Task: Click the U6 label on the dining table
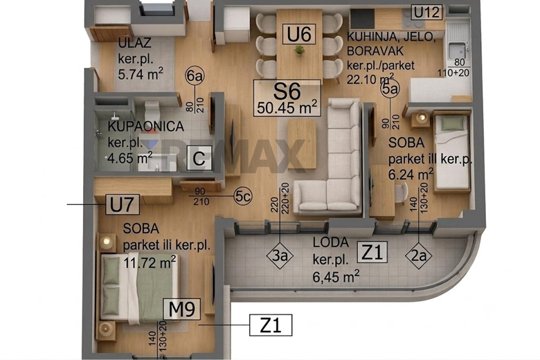[299, 34]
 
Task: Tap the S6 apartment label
[287, 92]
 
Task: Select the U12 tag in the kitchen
[427, 12]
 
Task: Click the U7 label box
[122, 204]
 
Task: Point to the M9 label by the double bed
[182, 309]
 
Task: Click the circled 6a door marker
[195, 76]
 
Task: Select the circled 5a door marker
[390, 89]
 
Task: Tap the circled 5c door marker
[243, 196]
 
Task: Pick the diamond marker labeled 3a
[279, 256]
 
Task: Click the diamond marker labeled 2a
[418, 256]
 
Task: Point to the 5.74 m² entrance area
[140, 73]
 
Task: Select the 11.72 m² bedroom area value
[150, 262]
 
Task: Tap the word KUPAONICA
[146, 126]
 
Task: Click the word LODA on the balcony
[330, 243]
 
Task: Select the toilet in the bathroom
[152, 111]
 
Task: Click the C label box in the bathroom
[199, 158]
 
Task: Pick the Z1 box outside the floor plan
[271, 325]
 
